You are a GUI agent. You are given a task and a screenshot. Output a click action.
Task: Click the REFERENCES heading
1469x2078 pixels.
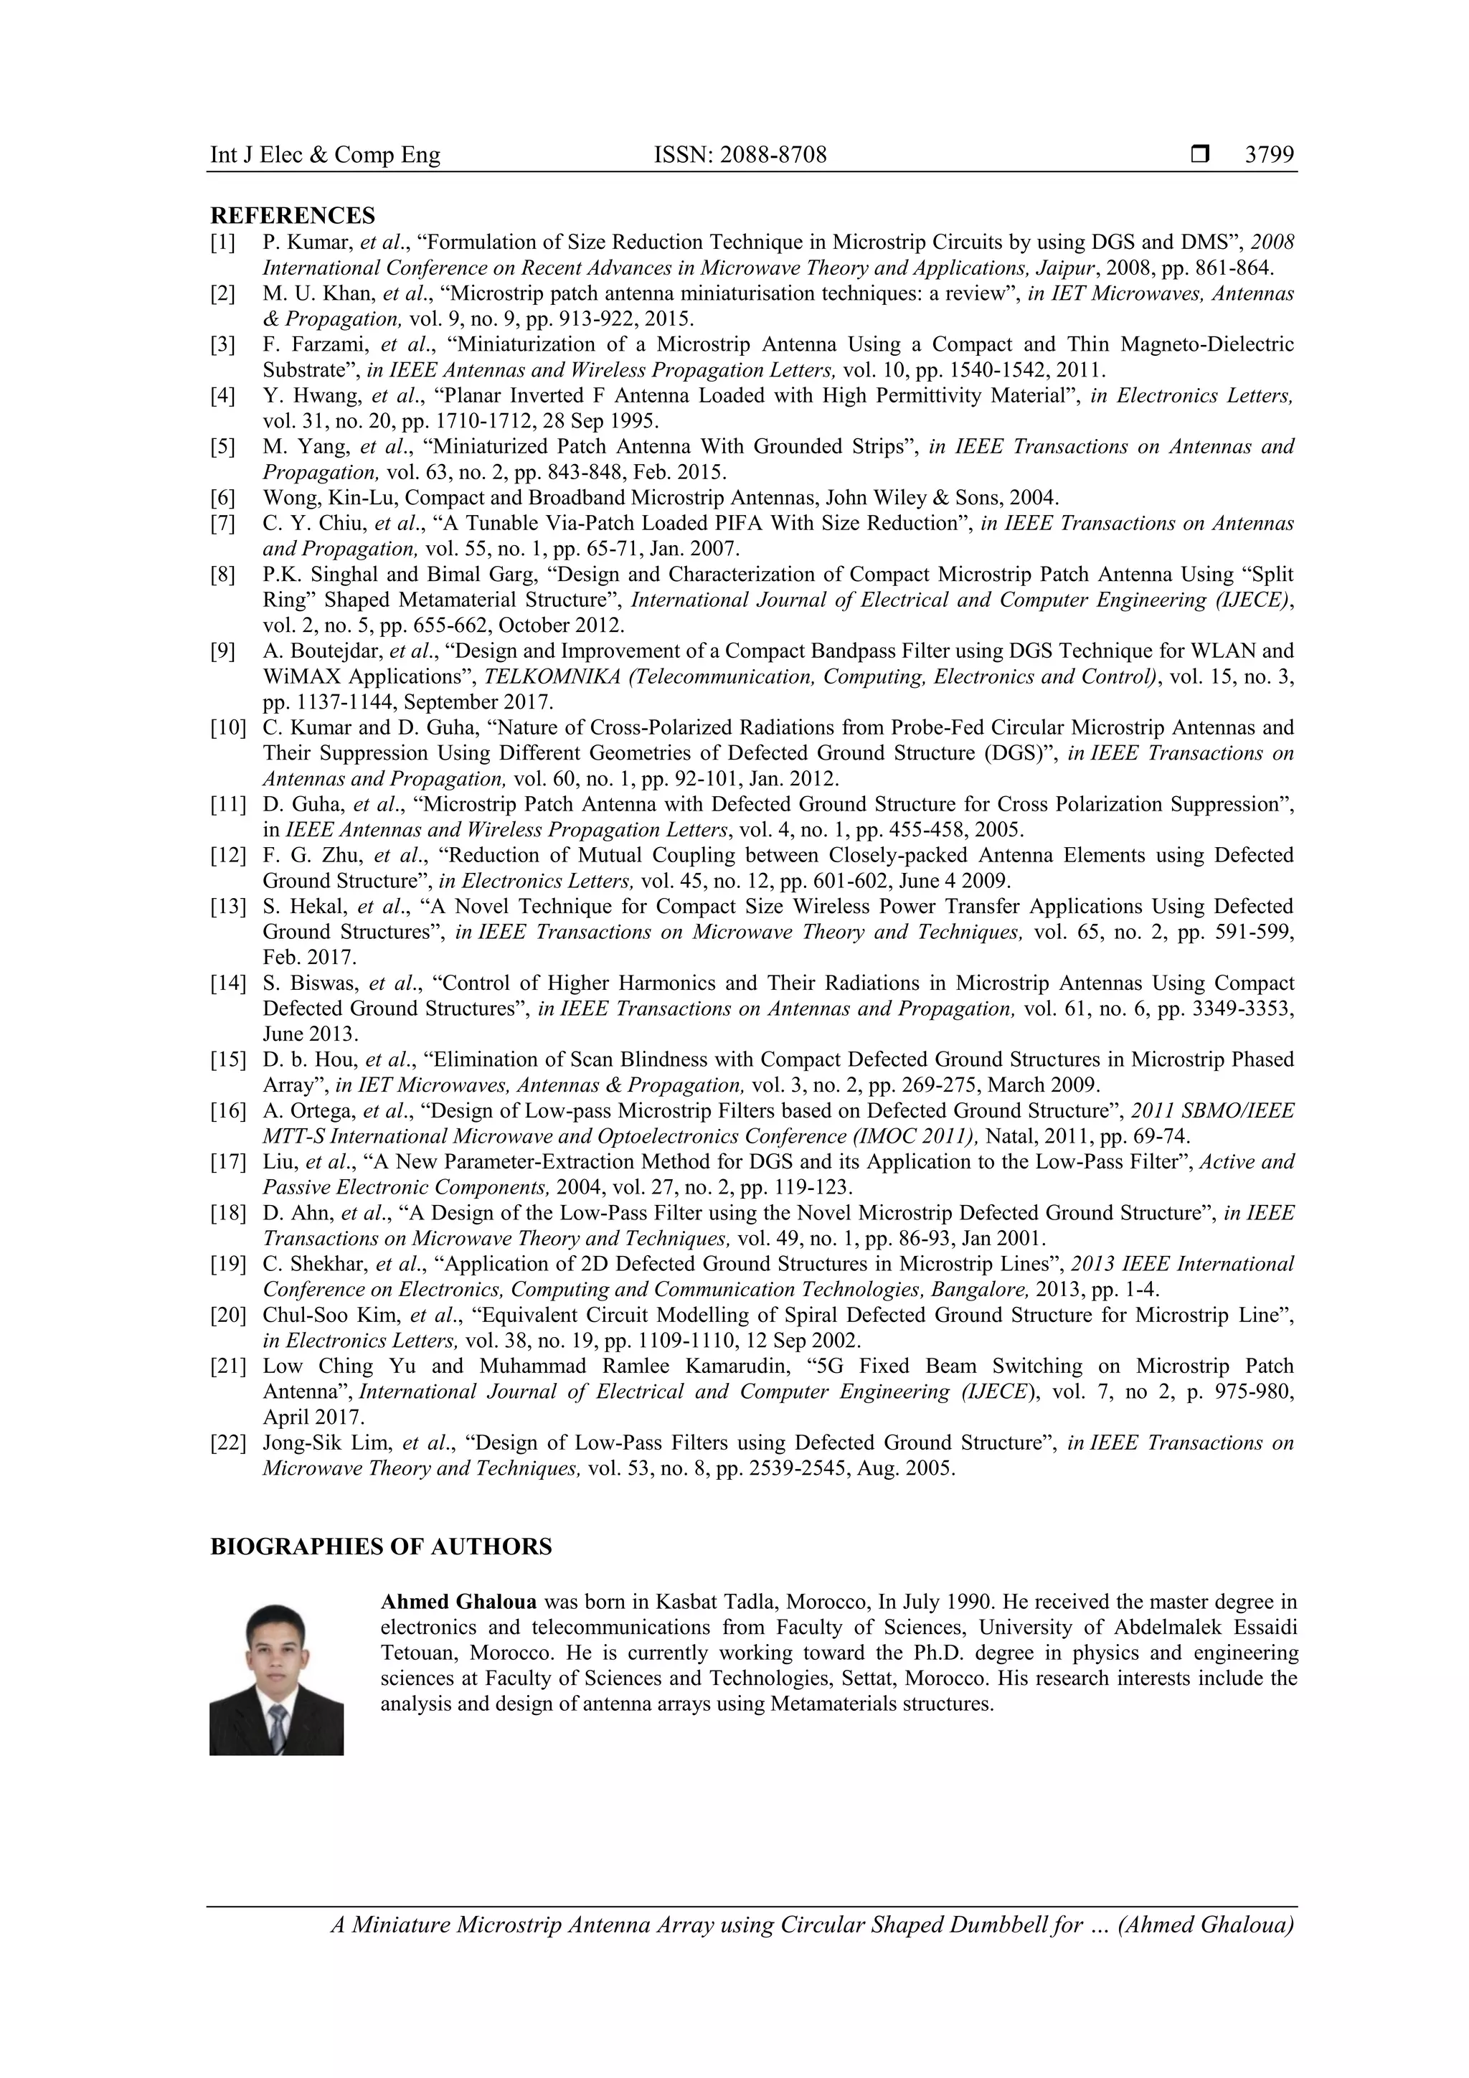[x=293, y=215]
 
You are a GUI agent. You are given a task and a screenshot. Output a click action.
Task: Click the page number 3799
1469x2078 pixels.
[x=1269, y=155]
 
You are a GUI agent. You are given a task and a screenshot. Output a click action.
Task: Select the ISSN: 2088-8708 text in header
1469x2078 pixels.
[x=740, y=155]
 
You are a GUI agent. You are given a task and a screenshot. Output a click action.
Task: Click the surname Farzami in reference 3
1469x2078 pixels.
[x=329, y=344]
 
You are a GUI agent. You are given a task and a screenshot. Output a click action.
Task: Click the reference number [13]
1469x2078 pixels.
[x=227, y=907]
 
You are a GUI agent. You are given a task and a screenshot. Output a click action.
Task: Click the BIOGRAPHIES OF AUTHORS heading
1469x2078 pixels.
[x=381, y=1546]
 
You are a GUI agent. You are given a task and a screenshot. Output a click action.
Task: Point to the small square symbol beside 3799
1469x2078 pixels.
[x=1199, y=155]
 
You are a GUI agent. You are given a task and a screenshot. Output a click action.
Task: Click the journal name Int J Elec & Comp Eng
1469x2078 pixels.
[x=325, y=155]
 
